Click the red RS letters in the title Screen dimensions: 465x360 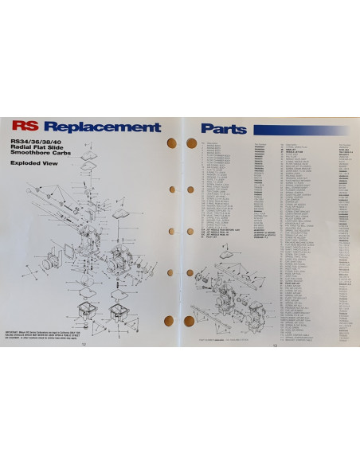pyautogui.click(x=27, y=127)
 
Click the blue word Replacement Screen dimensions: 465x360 pyautogui.click(x=104, y=127)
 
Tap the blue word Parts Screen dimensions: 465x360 pyautogui.click(x=224, y=127)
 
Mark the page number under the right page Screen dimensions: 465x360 pyautogui.click(x=274, y=344)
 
